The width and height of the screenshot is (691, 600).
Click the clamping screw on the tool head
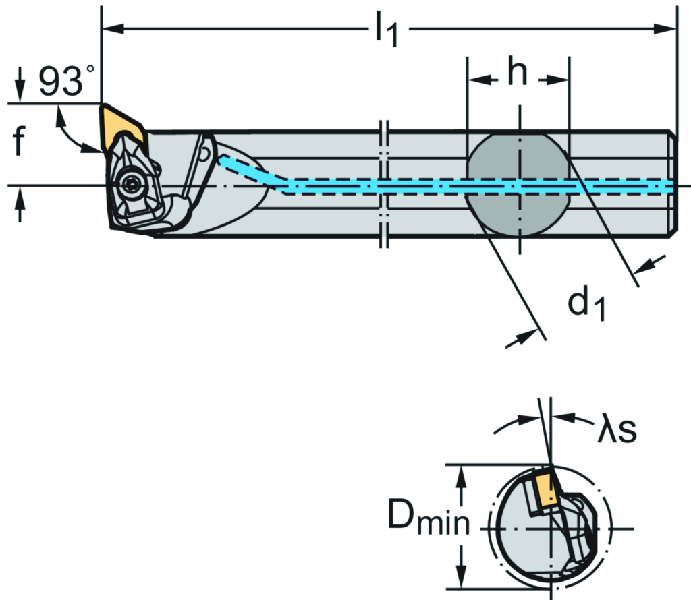(129, 181)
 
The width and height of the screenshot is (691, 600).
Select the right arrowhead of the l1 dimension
(669, 28)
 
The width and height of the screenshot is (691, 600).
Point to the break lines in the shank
(384, 184)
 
